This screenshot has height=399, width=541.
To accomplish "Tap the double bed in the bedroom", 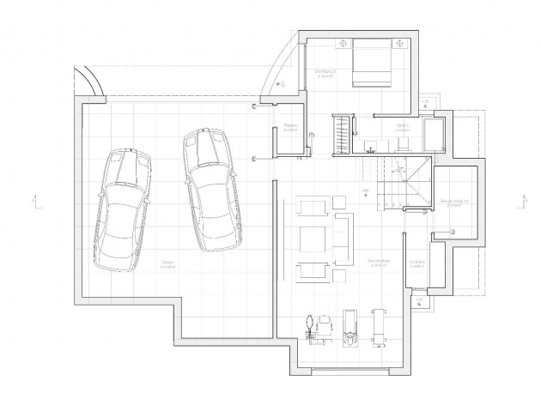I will [x=368, y=63].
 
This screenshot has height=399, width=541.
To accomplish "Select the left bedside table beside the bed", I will [x=343, y=43].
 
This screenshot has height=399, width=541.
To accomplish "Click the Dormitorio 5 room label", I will [x=324, y=73].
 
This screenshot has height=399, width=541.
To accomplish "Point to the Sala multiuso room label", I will [x=378, y=262].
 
